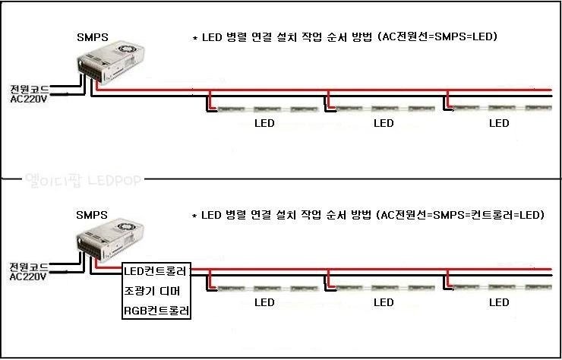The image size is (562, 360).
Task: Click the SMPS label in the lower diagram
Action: [92, 215]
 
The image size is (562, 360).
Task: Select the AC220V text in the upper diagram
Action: [29, 99]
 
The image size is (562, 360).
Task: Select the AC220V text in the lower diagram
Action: [29, 277]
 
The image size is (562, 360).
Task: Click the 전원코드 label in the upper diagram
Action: [29, 89]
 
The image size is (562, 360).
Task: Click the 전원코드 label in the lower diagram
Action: [29, 267]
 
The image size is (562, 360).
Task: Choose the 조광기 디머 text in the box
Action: [153, 291]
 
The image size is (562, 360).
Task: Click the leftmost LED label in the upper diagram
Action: [264, 123]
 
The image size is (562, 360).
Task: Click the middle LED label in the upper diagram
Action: [385, 123]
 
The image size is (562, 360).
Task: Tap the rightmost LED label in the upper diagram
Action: [499, 123]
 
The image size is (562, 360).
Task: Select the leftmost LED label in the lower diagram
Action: [264, 302]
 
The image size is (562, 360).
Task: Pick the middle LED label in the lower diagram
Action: [385, 302]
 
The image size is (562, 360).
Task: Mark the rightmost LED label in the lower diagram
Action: [499, 302]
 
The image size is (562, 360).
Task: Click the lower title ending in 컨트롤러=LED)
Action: [368, 216]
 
